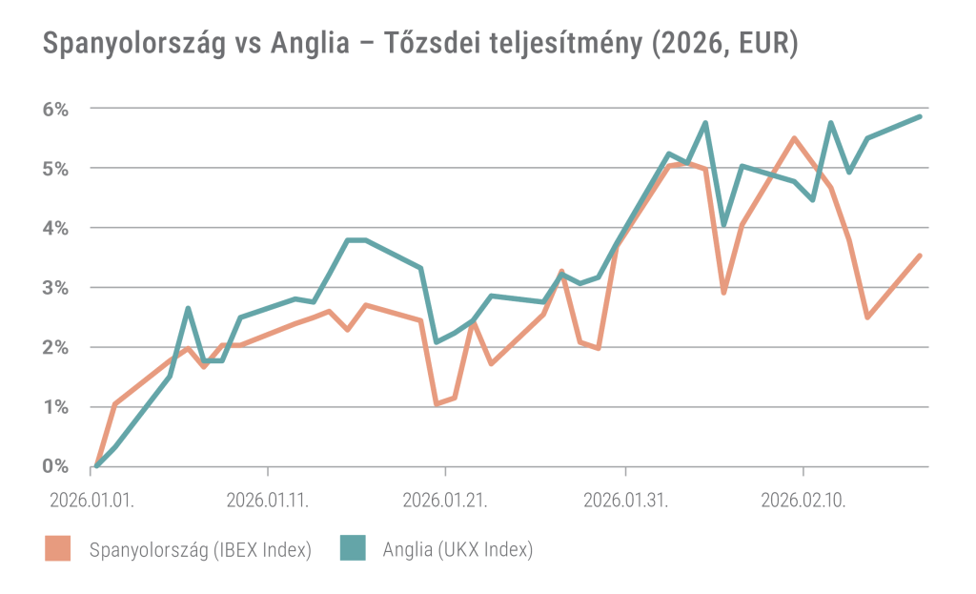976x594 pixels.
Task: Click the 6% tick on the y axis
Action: coord(56,109)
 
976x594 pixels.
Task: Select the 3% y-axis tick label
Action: coord(56,288)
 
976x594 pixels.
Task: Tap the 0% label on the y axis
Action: coord(56,466)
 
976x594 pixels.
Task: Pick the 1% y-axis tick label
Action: coord(56,407)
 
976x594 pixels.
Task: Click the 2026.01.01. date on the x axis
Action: coord(92,499)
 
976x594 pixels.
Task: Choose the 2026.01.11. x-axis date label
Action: coord(268,499)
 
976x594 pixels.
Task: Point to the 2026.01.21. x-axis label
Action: coord(446,499)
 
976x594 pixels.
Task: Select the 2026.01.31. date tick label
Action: coord(625,499)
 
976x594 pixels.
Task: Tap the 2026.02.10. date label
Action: coord(803,499)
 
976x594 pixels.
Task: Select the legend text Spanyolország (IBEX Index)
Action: coord(200,549)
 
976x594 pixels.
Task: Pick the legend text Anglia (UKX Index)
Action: coord(457,549)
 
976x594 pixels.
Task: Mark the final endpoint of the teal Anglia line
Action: coord(920,116)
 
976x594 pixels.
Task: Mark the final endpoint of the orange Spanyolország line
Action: coord(920,255)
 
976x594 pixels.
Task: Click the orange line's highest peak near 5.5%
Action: coord(794,138)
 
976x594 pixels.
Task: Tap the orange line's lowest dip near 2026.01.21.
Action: coord(437,404)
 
